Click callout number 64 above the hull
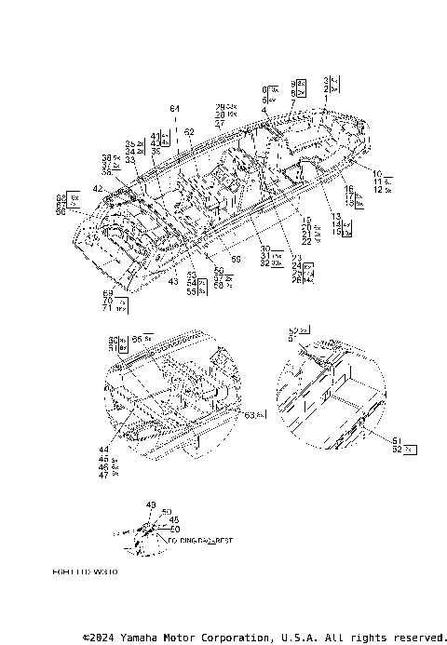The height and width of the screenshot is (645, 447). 174,110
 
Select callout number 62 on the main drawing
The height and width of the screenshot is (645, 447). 190,131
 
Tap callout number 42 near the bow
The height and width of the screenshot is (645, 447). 98,189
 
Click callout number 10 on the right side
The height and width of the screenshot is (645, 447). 377,173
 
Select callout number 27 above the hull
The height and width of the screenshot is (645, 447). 219,123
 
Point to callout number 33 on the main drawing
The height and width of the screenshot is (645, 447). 130,160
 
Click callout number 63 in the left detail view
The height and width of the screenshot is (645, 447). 250,415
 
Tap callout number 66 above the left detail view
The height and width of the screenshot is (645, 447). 138,338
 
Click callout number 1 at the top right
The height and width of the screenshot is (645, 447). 326,98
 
